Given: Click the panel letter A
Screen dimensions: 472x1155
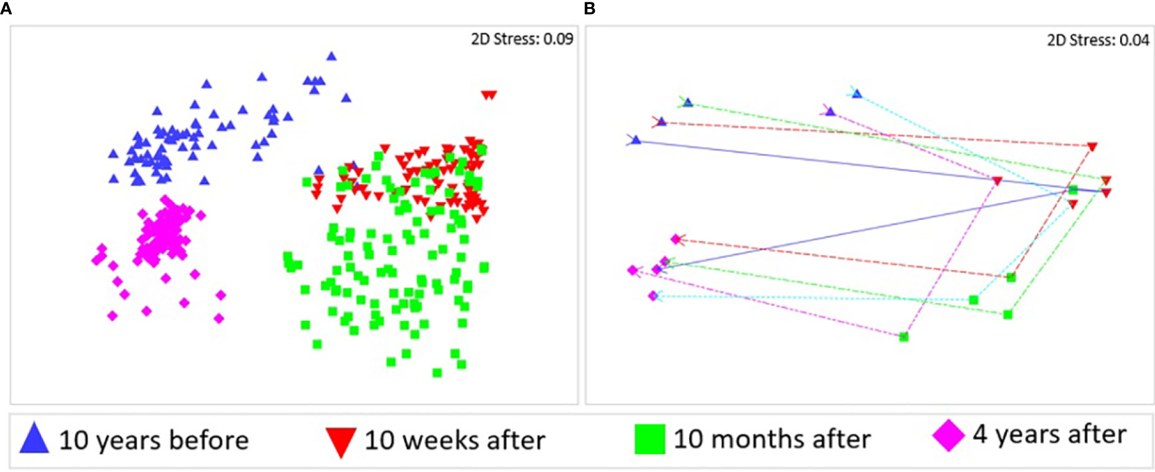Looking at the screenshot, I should (x=6, y=9).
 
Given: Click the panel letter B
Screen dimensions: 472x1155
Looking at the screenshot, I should (x=589, y=9).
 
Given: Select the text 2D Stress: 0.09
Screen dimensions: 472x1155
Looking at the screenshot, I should (x=522, y=40).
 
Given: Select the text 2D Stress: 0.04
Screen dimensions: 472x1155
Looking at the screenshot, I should (x=1098, y=41).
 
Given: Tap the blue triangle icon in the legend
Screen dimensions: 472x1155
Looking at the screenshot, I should (x=34, y=438).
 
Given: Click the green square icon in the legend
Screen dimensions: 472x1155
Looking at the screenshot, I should (x=649, y=440).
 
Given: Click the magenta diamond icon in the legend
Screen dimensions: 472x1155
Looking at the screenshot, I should (x=948, y=435).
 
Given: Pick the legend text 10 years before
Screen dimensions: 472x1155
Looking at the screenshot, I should (x=153, y=441).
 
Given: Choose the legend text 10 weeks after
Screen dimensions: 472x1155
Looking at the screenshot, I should (x=454, y=441).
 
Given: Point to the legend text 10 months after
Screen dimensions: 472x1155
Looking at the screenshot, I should (x=772, y=439).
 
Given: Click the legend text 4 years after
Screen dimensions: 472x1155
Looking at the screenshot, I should (x=1049, y=434).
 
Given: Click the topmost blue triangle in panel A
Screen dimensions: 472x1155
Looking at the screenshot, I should (x=331, y=56).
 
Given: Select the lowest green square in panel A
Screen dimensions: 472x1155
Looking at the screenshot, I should (x=437, y=373).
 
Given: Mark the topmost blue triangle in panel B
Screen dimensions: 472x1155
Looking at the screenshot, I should (x=856, y=94).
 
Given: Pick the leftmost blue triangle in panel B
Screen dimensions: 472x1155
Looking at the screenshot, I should (x=636, y=140).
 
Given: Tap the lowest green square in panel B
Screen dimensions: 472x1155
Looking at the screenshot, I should (x=904, y=337).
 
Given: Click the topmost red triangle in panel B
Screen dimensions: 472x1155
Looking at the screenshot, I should (x=1092, y=147).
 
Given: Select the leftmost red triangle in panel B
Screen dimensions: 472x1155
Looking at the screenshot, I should (x=997, y=181).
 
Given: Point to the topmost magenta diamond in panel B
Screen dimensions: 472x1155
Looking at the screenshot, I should (x=676, y=239).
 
